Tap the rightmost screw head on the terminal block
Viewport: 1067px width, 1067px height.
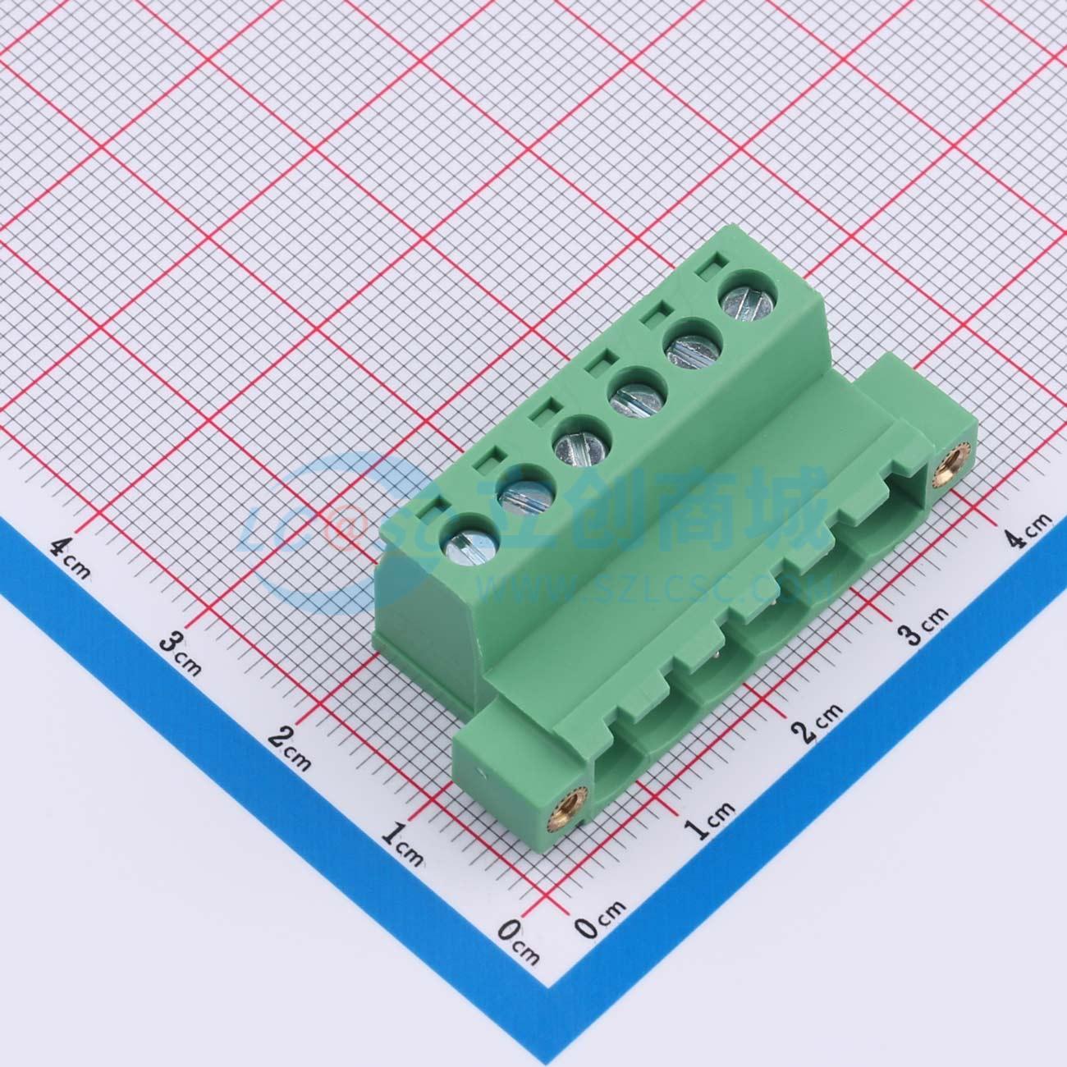tap(748, 301)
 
